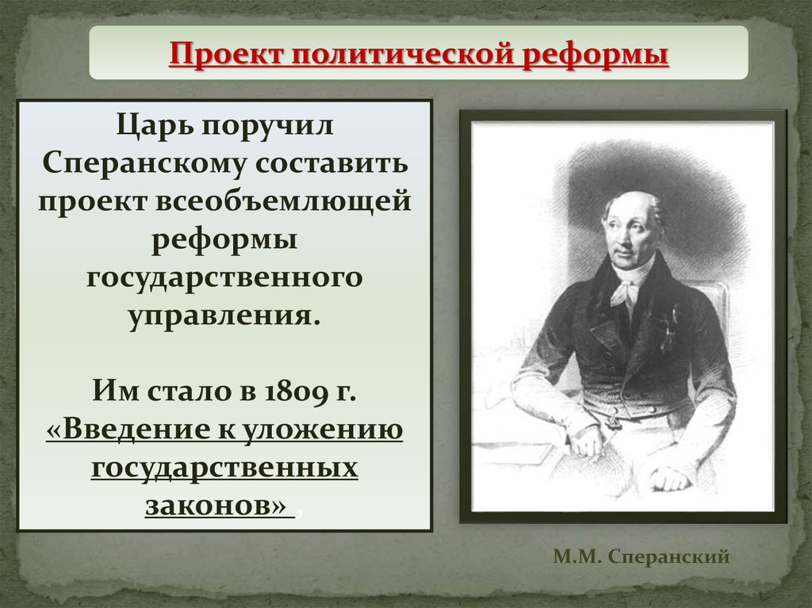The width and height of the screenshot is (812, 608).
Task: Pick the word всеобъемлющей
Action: (x=283, y=201)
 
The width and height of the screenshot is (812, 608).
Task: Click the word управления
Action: (x=224, y=315)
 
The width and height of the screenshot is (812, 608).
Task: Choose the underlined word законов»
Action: (x=216, y=506)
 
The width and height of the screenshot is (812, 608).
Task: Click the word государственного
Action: (x=224, y=278)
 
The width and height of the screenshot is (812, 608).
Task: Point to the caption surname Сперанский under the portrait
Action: (x=669, y=557)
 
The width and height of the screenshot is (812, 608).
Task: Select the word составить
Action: (x=332, y=163)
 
